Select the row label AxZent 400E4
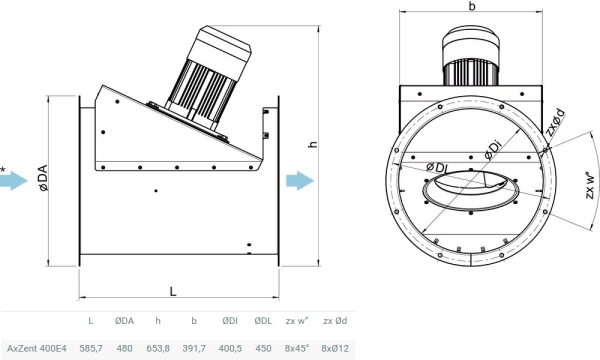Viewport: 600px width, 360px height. click(30, 348)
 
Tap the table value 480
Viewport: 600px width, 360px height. click(124, 348)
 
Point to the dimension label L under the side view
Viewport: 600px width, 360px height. click(173, 290)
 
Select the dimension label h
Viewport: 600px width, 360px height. click(312, 145)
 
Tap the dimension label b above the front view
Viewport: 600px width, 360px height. click(470, 7)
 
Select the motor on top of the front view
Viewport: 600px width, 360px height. click(470, 55)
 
